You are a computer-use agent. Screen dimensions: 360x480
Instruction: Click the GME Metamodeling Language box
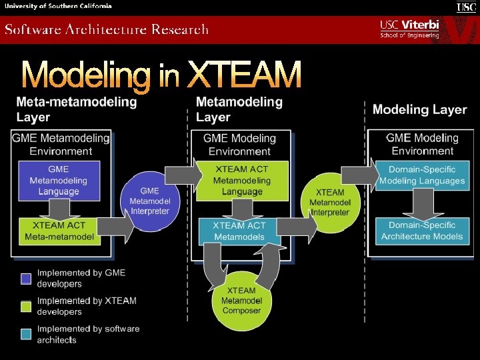[59, 180]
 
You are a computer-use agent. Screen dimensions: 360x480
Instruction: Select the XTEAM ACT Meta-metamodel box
[59, 231]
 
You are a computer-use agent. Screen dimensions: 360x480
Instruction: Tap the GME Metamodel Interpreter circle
[149, 201]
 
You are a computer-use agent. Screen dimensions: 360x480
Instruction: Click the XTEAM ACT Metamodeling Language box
[242, 180]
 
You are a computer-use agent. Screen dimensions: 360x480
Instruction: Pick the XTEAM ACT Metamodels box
[239, 231]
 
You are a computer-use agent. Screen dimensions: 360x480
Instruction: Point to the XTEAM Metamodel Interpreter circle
[330, 202]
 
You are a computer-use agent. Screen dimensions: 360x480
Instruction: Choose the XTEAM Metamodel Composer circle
[241, 301]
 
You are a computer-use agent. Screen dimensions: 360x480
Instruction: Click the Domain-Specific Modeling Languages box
[422, 175]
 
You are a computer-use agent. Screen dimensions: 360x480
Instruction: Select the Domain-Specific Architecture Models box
[422, 231]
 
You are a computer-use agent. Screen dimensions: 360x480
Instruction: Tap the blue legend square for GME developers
[26, 278]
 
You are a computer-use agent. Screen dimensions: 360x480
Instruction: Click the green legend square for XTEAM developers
[26, 306]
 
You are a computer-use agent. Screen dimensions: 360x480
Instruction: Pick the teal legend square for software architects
[26, 334]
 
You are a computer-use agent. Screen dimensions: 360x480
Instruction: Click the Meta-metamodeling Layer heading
[76, 110]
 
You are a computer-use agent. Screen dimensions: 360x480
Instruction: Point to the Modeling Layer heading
[419, 109]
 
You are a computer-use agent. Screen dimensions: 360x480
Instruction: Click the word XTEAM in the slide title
[244, 75]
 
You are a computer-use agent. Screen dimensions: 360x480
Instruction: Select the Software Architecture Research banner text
[107, 29]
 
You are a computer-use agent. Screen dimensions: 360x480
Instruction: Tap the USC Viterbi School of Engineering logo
[409, 29]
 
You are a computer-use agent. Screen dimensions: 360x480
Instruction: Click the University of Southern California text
[58, 6]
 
